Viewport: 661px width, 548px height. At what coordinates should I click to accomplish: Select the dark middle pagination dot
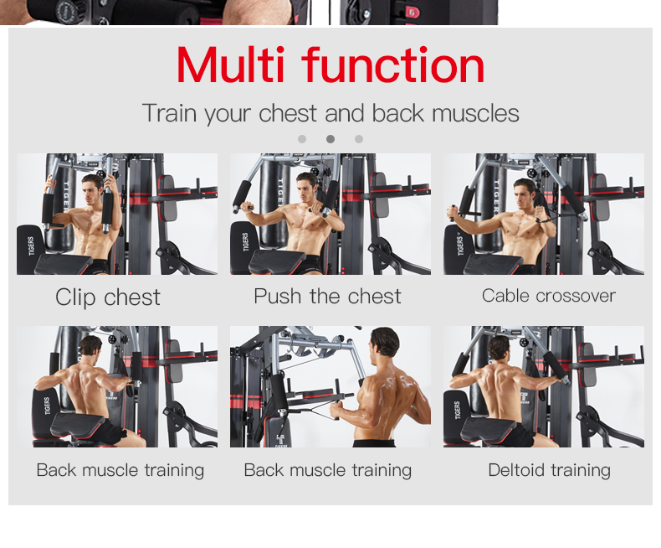click(330, 139)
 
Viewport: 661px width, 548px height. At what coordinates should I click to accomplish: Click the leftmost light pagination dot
click(302, 139)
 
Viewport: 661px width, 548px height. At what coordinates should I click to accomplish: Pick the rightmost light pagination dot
click(359, 139)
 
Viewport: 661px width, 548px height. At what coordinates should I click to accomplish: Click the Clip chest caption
click(108, 297)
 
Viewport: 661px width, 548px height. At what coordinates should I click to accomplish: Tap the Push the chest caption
click(327, 297)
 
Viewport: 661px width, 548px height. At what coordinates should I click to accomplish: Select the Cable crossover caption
click(548, 296)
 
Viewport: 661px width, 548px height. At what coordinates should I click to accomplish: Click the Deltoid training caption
click(549, 470)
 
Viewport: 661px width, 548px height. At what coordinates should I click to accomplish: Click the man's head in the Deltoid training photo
click(500, 349)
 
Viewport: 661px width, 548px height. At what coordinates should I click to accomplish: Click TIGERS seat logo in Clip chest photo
click(31, 246)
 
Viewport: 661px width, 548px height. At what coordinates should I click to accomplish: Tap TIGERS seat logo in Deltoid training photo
click(458, 410)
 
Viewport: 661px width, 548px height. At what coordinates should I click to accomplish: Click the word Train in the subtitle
click(170, 113)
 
